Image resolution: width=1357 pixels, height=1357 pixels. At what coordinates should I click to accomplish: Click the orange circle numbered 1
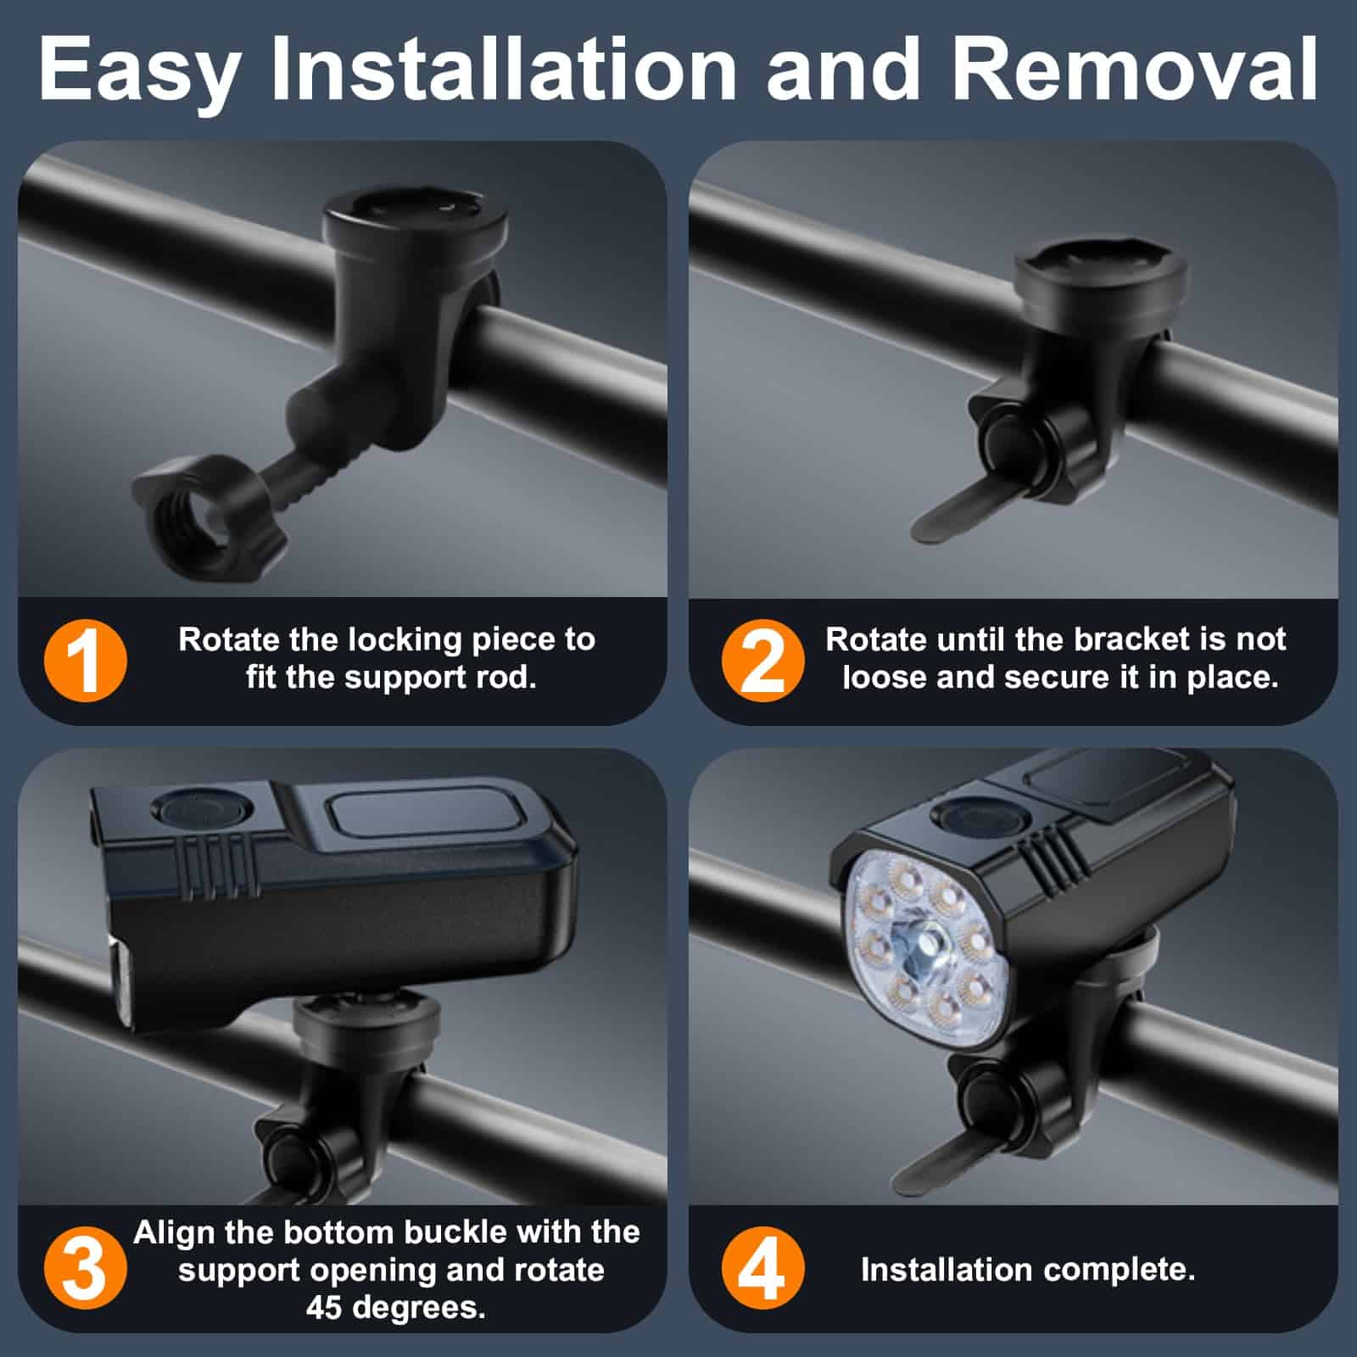85,661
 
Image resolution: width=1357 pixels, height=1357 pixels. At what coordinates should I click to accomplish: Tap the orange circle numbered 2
762,661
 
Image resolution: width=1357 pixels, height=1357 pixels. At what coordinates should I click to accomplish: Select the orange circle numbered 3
85,1269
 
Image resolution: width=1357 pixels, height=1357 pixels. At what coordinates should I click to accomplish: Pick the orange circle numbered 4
762,1269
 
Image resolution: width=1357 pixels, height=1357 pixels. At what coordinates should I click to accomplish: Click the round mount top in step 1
416,219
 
